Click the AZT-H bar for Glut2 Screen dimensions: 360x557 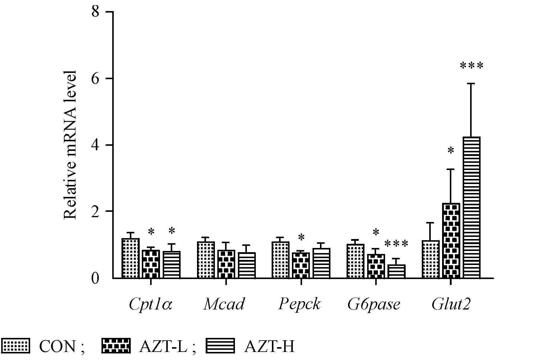tap(471, 208)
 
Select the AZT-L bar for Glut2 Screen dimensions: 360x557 tap(451, 241)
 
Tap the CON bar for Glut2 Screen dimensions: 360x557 tap(431, 259)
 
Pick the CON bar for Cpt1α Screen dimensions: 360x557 tap(131, 258)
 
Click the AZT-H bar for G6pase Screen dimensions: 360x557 tap(396, 271)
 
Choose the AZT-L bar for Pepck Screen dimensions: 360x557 tap(301, 265)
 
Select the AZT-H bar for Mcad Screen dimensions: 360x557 tap(247, 265)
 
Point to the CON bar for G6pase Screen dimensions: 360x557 tap(356, 261)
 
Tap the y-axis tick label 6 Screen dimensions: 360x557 tap(95, 79)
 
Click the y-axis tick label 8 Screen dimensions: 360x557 tap(95, 12)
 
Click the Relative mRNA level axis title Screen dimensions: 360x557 tap(70, 145)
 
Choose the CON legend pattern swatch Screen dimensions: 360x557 tap(16, 346)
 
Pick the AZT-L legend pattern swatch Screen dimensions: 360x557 tap(116, 346)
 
